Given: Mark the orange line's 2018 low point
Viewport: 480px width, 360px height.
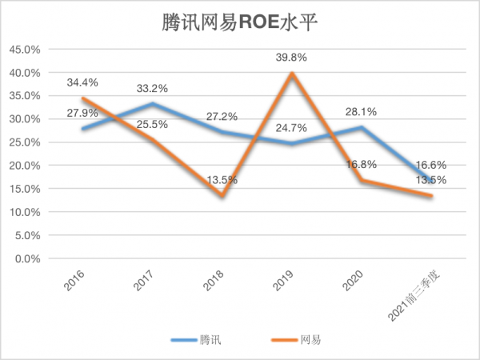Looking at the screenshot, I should click(222, 196).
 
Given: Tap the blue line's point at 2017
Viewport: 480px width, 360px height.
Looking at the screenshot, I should click(151, 104).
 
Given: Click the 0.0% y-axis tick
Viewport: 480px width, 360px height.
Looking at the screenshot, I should click(28, 259).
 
